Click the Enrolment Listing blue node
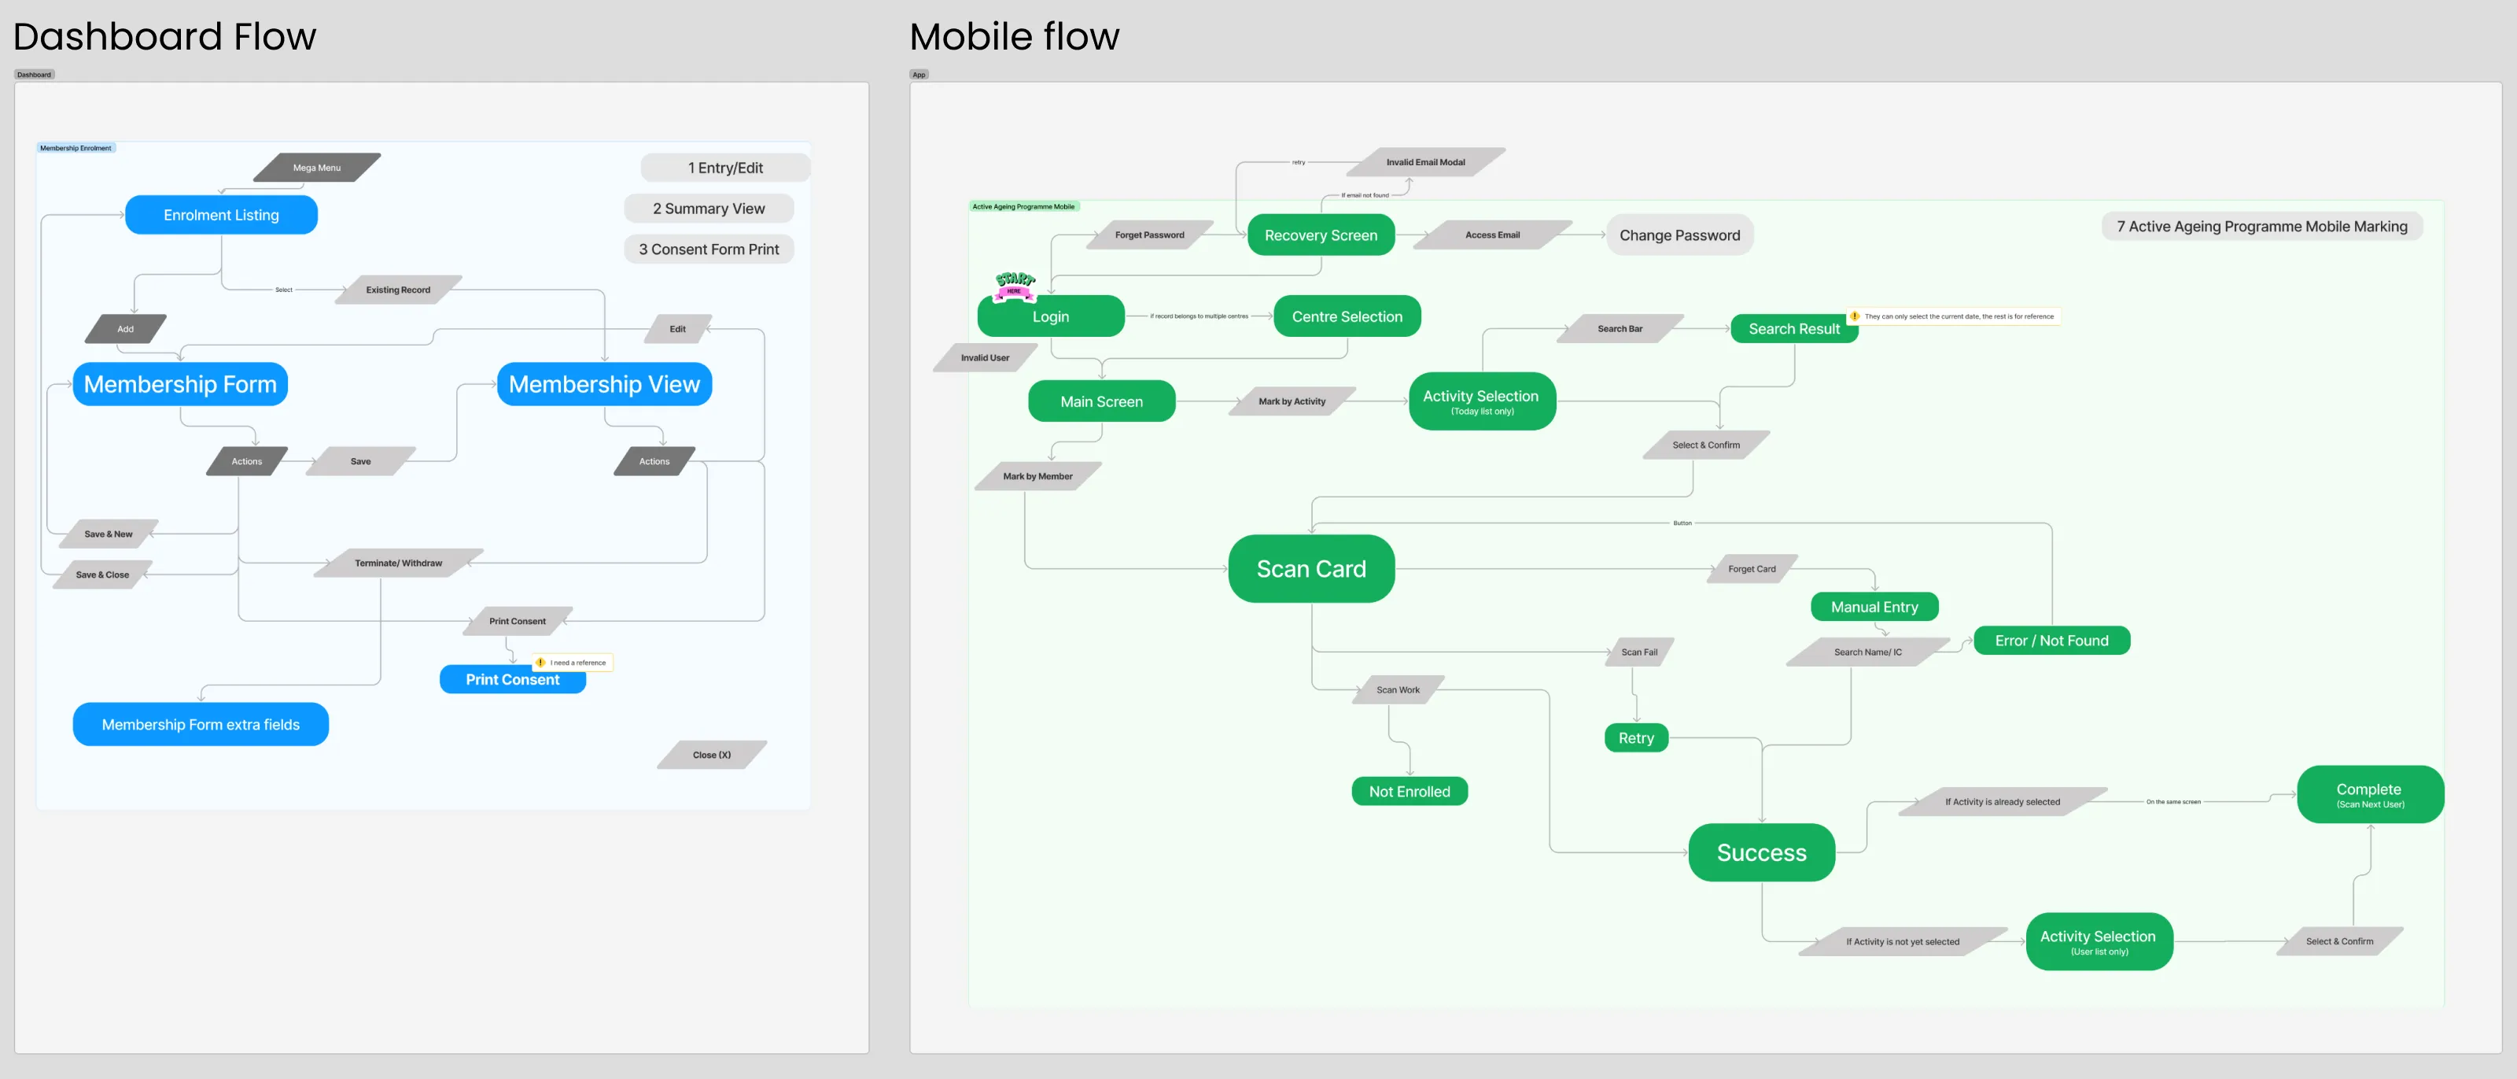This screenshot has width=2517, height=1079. click(x=221, y=215)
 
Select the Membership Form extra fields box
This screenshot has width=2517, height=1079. click(x=201, y=724)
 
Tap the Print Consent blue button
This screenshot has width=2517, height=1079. click(x=512, y=679)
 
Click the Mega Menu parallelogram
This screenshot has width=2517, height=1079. click(x=316, y=167)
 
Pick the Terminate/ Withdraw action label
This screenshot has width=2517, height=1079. click(x=398, y=563)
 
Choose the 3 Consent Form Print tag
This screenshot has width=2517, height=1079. click(x=709, y=249)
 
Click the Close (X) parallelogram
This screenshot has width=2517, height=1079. click(x=711, y=755)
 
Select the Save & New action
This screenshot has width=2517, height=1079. click(x=109, y=534)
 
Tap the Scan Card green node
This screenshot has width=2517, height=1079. click(x=1310, y=569)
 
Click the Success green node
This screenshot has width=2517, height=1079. click(x=1761, y=852)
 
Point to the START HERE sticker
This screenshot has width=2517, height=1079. click(x=1014, y=284)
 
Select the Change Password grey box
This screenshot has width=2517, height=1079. click(x=1679, y=235)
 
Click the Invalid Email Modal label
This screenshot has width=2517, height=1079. click(x=1424, y=162)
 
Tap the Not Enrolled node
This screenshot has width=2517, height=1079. click(x=1409, y=792)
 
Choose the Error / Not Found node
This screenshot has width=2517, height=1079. click(x=2051, y=640)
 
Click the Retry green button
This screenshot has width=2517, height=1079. click(x=1636, y=738)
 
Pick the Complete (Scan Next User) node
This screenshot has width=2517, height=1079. click(x=2369, y=795)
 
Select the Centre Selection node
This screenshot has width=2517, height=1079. click(x=1347, y=316)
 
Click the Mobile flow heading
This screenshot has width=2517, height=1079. click(x=1013, y=36)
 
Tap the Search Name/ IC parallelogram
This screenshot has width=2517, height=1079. click(x=1867, y=652)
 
